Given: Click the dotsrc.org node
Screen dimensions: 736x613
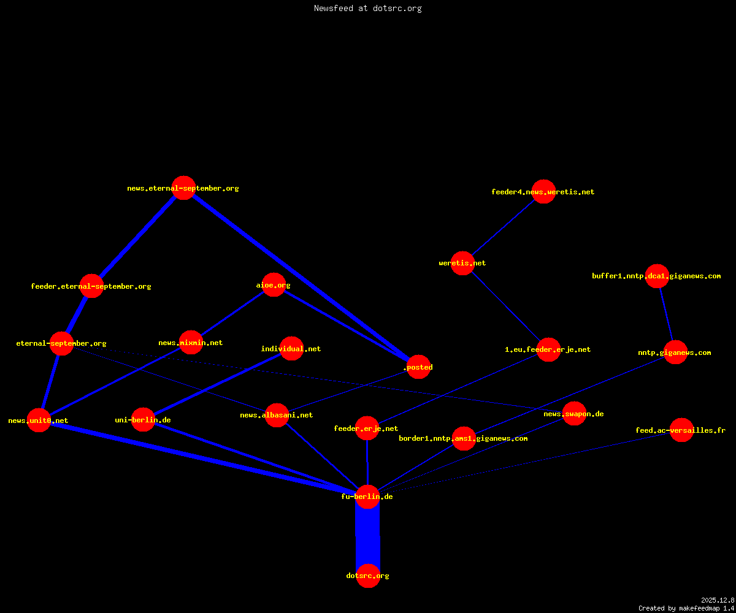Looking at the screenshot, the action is click(x=368, y=576).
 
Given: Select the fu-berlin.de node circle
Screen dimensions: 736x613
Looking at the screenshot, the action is click(x=367, y=497).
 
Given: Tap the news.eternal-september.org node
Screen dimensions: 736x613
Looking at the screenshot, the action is click(x=183, y=188).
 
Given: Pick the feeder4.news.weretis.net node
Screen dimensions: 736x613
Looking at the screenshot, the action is click(x=543, y=191).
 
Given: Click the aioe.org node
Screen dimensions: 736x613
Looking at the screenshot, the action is click(x=274, y=284).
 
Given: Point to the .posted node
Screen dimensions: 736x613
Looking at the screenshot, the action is click(x=418, y=367).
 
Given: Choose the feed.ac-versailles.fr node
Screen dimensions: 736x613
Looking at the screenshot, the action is click(x=681, y=430).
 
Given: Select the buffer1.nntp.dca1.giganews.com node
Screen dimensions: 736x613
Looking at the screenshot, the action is click(x=657, y=276).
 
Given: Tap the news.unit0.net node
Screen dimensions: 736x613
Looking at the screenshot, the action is click(x=39, y=420).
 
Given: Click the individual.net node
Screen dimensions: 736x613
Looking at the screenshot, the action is click(x=291, y=348).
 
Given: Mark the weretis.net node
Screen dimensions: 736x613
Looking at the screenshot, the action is click(x=462, y=263).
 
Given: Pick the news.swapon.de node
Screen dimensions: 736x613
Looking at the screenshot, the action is click(x=574, y=413).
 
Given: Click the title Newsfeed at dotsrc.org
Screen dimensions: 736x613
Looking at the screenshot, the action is click(x=367, y=8).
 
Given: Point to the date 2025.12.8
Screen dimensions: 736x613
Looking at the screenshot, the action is click(x=718, y=600).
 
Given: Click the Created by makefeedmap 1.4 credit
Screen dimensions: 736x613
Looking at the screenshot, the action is click(x=686, y=609).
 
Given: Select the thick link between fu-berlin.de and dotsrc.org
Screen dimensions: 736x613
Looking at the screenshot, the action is click(x=367, y=536).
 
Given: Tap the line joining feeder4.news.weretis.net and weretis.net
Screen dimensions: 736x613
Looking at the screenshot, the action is click(x=503, y=227).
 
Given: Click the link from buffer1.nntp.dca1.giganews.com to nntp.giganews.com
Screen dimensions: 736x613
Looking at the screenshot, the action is click(x=666, y=314).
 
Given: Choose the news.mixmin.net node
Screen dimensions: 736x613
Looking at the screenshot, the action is click(x=191, y=342).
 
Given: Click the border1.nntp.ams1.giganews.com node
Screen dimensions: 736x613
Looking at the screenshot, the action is click(x=464, y=438).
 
